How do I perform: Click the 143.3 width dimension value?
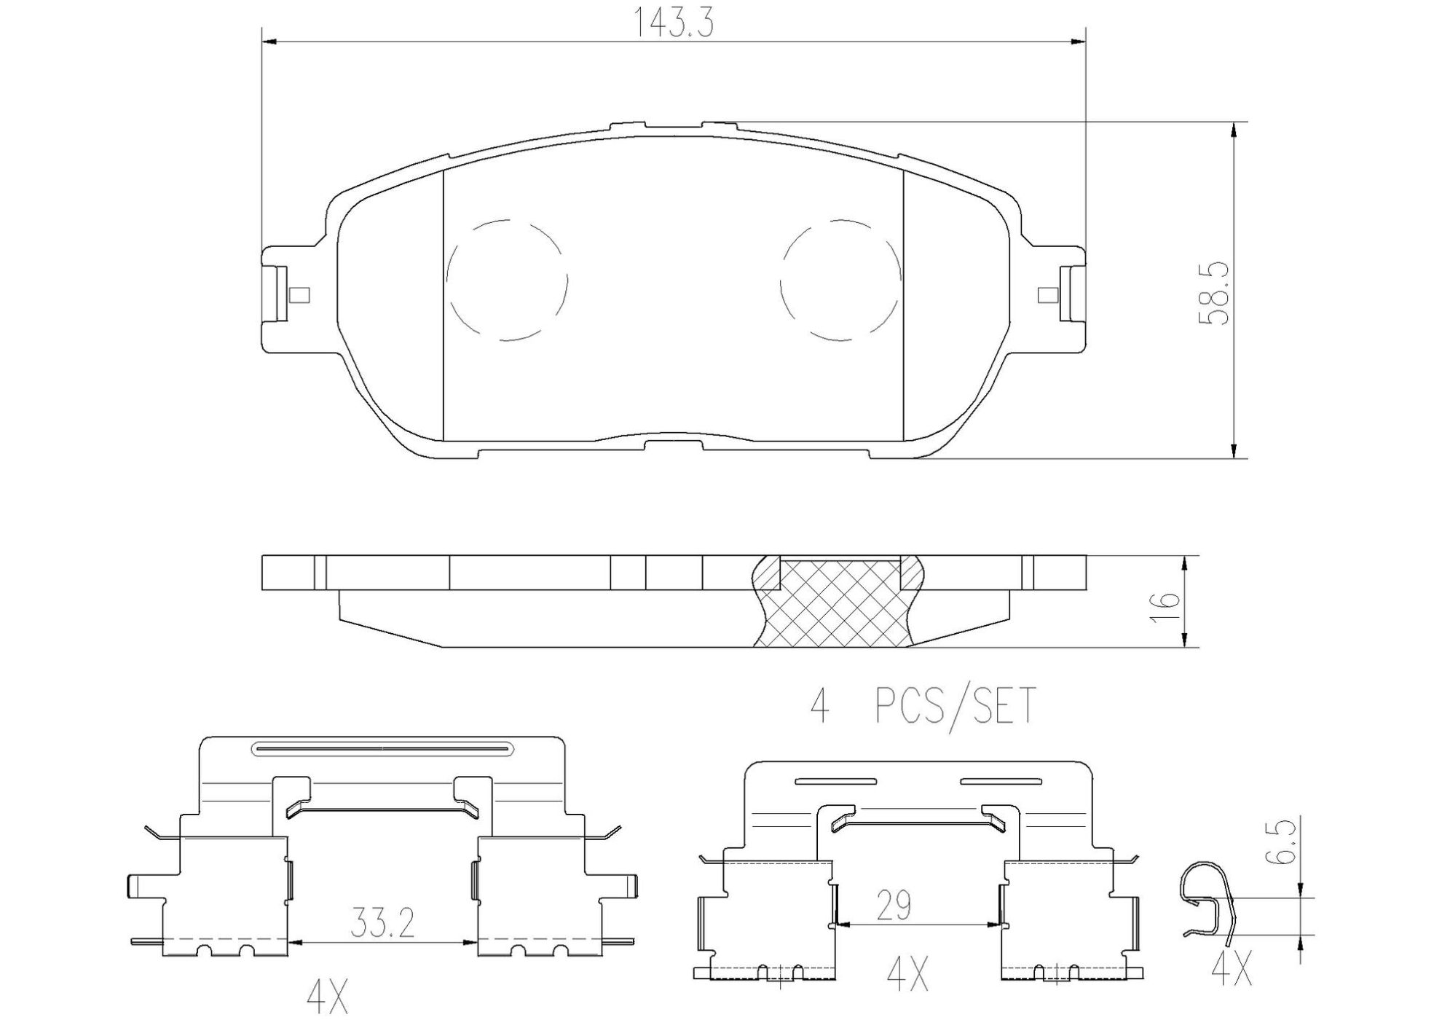pos(672,23)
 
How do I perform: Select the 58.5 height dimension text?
pos(1214,294)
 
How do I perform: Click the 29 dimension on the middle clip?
pos(894,906)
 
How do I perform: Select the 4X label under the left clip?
pos(327,997)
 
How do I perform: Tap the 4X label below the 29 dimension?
pos(907,974)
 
